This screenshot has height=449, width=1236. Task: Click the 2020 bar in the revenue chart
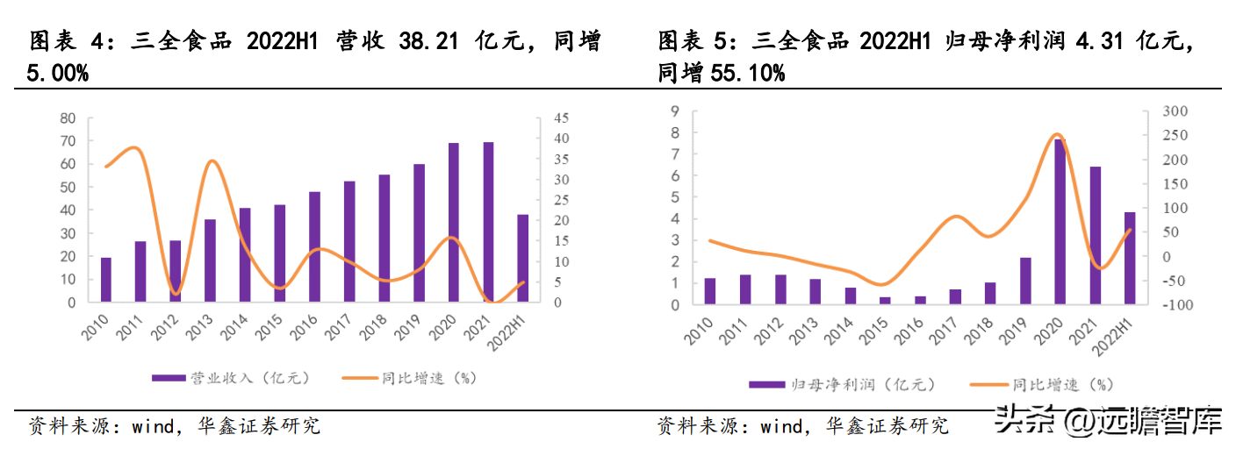454,223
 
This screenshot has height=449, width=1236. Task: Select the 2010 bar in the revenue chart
105,280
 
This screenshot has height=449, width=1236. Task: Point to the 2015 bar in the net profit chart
885,301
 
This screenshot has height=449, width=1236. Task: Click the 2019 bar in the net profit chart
1024,281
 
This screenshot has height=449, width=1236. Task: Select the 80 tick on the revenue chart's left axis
68,118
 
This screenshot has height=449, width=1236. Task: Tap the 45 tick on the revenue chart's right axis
562,118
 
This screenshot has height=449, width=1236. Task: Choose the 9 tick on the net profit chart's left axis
674,110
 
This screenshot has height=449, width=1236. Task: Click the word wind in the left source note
155,426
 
